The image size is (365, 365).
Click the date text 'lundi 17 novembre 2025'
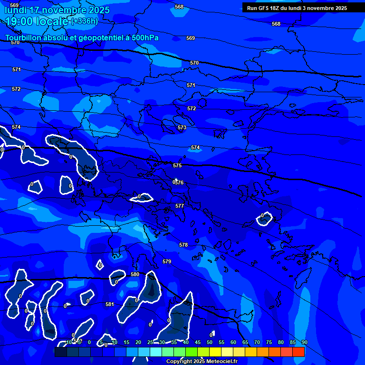[x=57, y=10]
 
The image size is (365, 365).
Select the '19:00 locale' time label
[x=37, y=21]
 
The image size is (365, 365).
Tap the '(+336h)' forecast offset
[x=85, y=21]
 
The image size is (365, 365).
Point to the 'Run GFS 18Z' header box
[x=297, y=8]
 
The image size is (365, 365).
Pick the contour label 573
[x=182, y=128]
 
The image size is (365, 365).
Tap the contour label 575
[x=177, y=165]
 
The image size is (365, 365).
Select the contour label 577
[x=180, y=206]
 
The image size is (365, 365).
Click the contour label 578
[x=183, y=245]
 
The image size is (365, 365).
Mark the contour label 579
[x=167, y=262]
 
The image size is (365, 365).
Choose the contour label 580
[x=135, y=274]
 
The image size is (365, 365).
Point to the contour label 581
[x=110, y=304]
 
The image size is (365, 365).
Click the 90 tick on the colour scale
[x=304, y=342]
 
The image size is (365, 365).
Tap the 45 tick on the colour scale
[x=198, y=342]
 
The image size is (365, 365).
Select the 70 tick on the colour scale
[x=257, y=342]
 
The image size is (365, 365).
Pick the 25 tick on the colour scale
[x=150, y=342]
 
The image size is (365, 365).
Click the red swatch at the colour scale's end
[x=298, y=352]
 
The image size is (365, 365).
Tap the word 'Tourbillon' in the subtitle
[x=24, y=38]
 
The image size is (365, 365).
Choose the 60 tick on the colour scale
[x=233, y=342]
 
